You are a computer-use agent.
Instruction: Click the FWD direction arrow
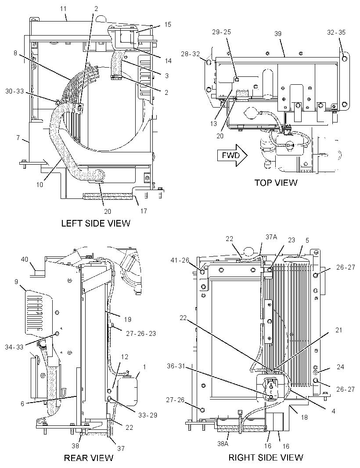[x=233, y=155]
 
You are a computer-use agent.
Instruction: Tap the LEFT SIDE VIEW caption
[x=96, y=223]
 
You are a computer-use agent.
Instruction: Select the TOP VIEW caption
[x=276, y=182]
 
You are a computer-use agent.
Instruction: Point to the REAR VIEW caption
[x=89, y=457]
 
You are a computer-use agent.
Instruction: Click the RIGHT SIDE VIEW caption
[x=266, y=457]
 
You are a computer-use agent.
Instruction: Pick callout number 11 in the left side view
[x=63, y=9]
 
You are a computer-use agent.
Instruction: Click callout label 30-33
[x=14, y=91]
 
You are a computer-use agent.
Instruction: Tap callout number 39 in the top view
[x=278, y=34]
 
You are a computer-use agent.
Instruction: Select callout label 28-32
[x=190, y=54]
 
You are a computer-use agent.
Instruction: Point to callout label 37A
[x=271, y=237]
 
